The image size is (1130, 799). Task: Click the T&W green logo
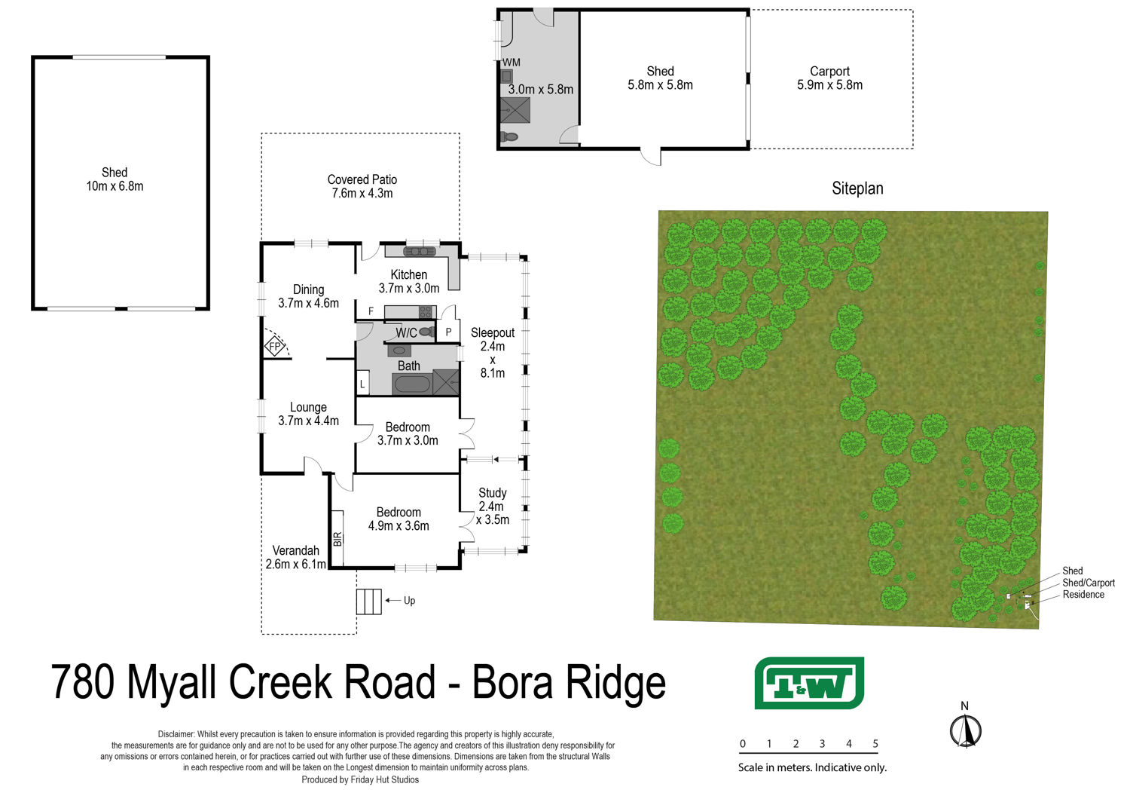pyautogui.click(x=809, y=683)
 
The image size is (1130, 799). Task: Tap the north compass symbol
pyautogui.click(x=965, y=730)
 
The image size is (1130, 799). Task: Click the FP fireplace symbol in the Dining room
pyautogui.click(x=274, y=347)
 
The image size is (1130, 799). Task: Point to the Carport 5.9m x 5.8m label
pyautogui.click(x=830, y=78)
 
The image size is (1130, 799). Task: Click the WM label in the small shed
pyautogui.click(x=511, y=63)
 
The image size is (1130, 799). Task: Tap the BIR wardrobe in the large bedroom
pyautogui.click(x=337, y=538)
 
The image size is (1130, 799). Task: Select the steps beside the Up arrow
pyautogui.click(x=369, y=602)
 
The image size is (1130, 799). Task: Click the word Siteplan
pyautogui.click(x=857, y=188)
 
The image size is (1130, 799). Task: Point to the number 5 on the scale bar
pyautogui.click(x=875, y=743)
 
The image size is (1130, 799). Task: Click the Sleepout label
pyautogui.click(x=493, y=332)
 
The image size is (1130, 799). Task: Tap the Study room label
pyautogui.click(x=493, y=493)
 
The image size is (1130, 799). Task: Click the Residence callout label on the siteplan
pyautogui.click(x=1083, y=595)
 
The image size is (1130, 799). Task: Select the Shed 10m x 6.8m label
pyautogui.click(x=115, y=179)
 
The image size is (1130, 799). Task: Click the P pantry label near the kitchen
pyautogui.click(x=448, y=332)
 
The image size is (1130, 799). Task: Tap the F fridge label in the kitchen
pyautogui.click(x=371, y=311)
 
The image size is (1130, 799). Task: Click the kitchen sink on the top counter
pyautogui.click(x=419, y=251)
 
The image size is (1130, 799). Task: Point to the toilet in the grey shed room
pyautogui.click(x=509, y=136)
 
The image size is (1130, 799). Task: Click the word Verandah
pyautogui.click(x=295, y=550)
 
